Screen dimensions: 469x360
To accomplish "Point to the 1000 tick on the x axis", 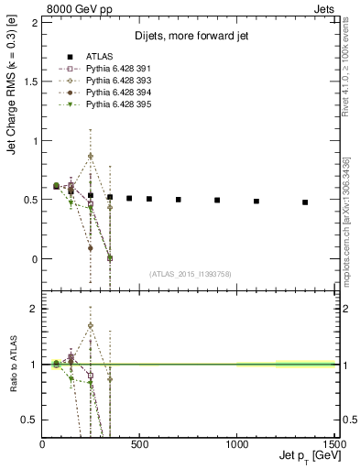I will point(236,444).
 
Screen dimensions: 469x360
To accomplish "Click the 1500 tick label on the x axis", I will point(333,444).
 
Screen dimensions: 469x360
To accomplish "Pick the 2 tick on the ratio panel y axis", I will point(35,309).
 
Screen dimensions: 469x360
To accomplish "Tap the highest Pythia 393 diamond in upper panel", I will point(91,156).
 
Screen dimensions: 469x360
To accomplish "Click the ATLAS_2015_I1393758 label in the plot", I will point(189,273).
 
